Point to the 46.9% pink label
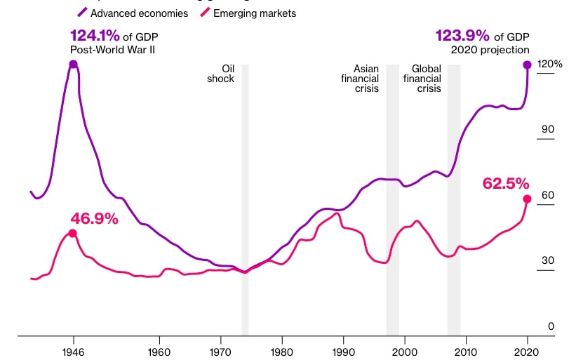[94, 218]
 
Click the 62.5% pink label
[505, 184]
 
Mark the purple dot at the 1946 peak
[73, 65]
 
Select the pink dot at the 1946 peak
[72, 233]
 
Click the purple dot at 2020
[527, 65]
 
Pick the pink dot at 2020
[527, 199]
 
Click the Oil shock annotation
[221, 74]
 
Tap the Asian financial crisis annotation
[360, 79]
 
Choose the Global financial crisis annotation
[422, 79]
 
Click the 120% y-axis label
[549, 64]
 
